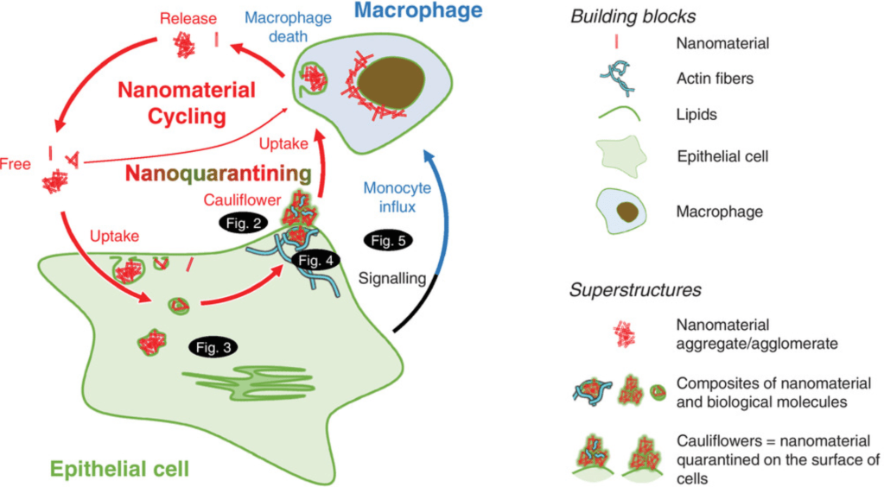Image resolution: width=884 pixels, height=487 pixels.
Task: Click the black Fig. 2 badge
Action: tap(240, 222)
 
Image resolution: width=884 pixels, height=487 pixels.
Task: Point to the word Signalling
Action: tap(394, 279)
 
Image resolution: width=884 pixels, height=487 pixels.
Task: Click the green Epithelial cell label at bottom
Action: tap(119, 469)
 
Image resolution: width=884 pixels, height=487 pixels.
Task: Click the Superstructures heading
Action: tap(621, 288)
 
